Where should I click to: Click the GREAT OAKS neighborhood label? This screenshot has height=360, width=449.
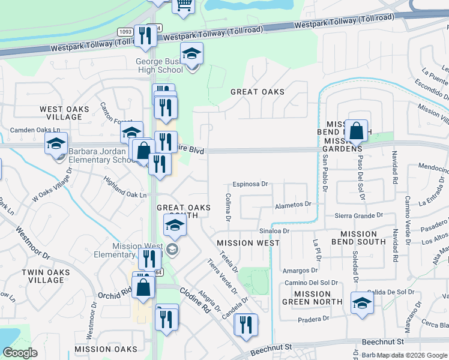[x=257, y=92]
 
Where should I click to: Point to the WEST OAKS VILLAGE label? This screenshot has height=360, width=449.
[x=64, y=113]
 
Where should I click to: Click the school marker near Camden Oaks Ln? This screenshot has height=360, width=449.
[x=56, y=145]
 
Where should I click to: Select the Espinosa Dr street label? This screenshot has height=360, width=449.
[x=251, y=185]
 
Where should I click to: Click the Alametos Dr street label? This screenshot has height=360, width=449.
[x=293, y=204]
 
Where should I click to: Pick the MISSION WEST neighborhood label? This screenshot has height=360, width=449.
[x=248, y=243]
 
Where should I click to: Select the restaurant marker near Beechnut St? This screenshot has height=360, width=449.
[x=246, y=326]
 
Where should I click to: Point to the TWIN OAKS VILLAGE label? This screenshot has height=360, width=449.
[x=46, y=276]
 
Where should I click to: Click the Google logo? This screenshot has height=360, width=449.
[x=20, y=353]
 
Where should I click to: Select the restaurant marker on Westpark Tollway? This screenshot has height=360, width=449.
[x=145, y=37]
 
